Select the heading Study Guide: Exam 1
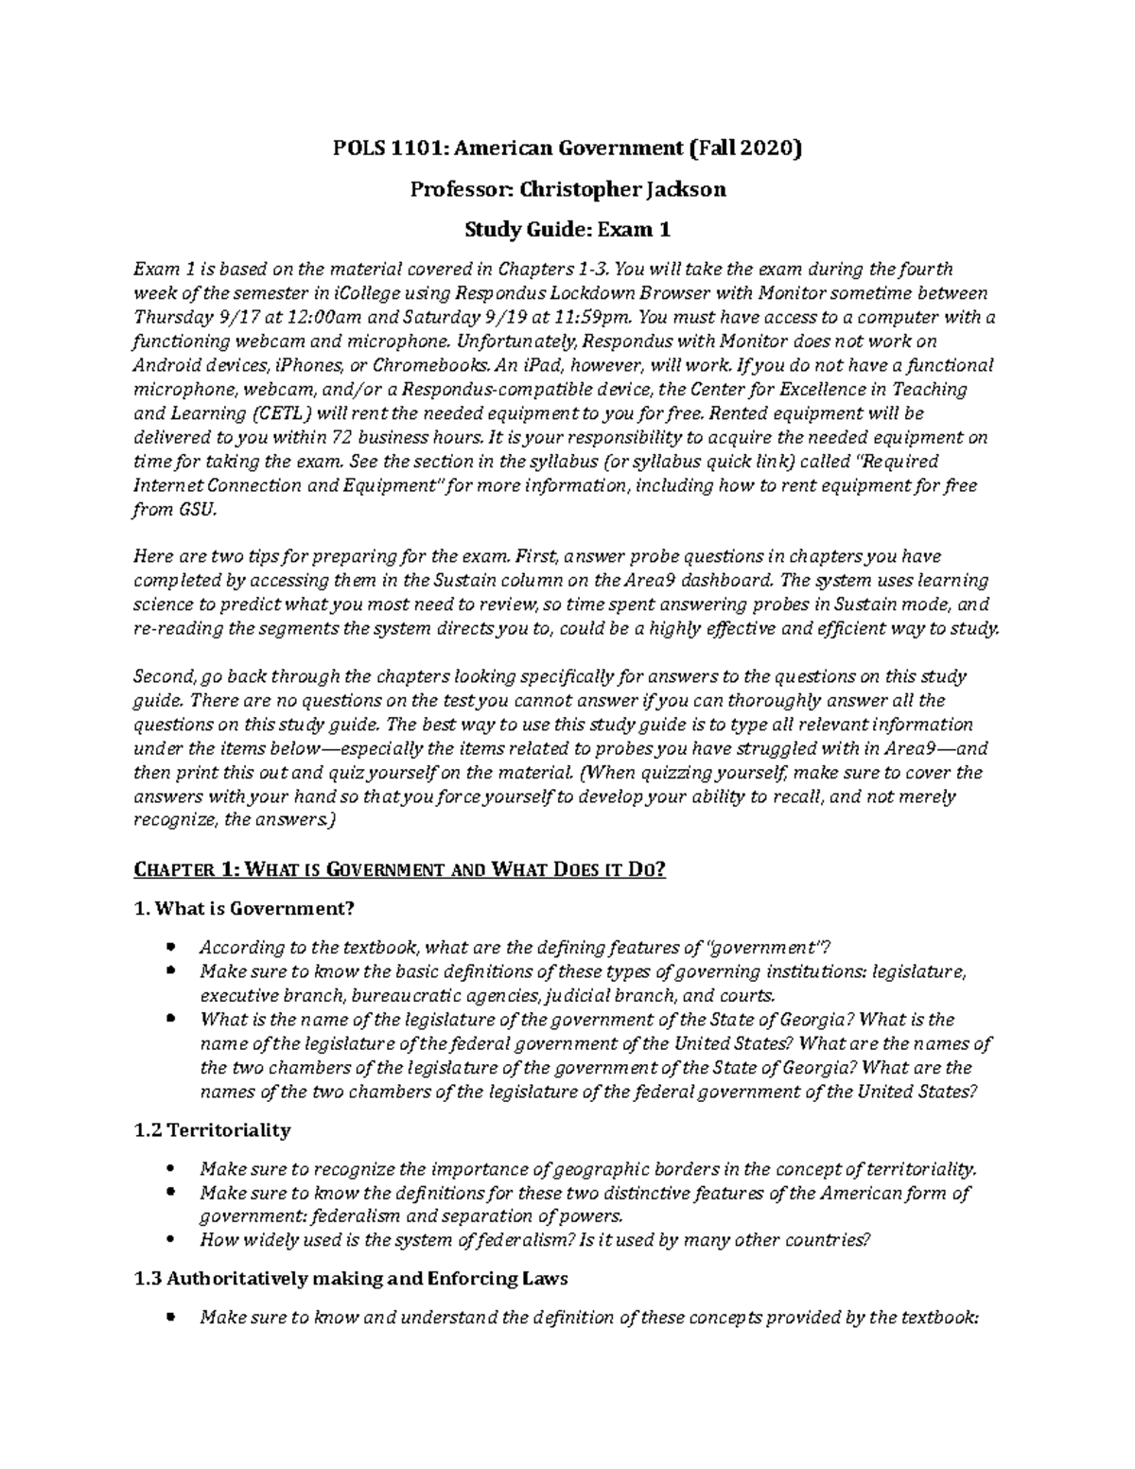pyautogui.click(x=567, y=229)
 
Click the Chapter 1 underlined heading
pyautogui.click(x=400, y=869)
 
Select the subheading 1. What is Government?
pyautogui.click(x=245, y=909)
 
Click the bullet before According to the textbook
pyautogui.click(x=169, y=947)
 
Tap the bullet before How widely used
pyautogui.click(x=169, y=1239)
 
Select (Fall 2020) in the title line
pyautogui.click(x=743, y=149)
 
